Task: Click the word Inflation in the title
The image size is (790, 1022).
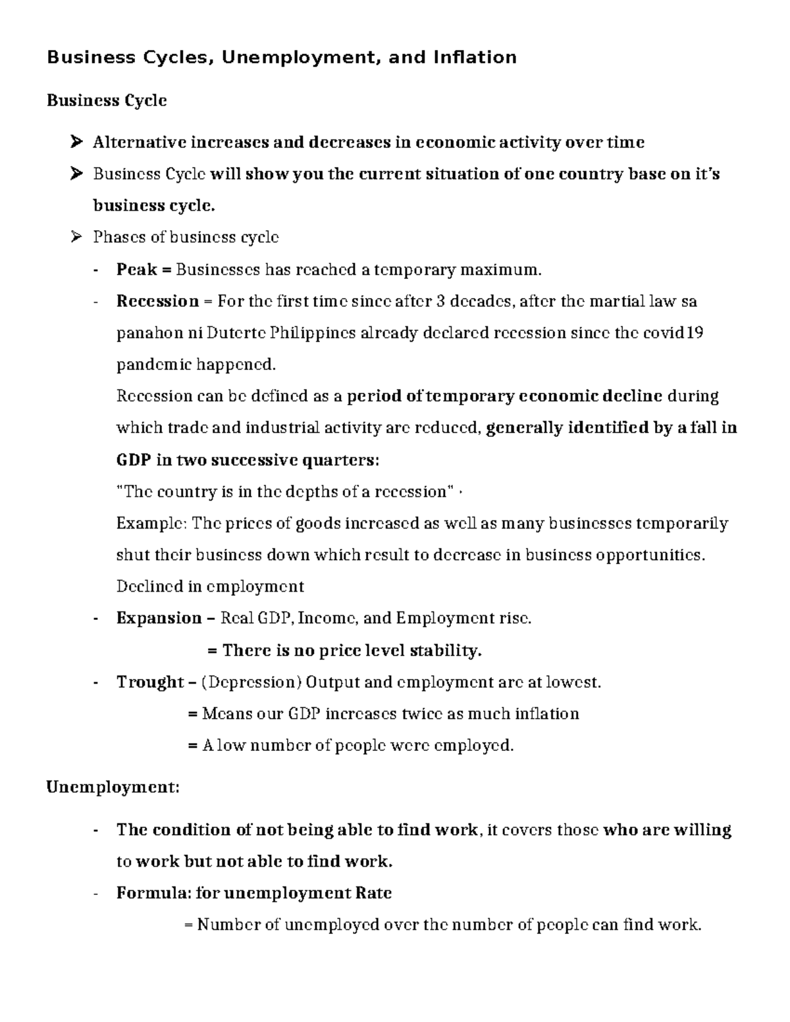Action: (475, 58)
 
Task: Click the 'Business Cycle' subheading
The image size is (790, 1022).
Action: (107, 101)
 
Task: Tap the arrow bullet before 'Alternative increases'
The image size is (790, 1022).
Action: (76, 142)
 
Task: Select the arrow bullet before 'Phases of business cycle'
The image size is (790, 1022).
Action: (76, 237)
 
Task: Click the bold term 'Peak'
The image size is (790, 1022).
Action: (136, 269)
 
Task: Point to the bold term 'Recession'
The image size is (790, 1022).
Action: (157, 301)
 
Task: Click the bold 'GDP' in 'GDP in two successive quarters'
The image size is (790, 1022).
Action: (134, 460)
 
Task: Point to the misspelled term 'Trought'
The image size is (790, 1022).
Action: (150, 682)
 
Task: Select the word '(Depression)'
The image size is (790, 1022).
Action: (251, 682)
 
